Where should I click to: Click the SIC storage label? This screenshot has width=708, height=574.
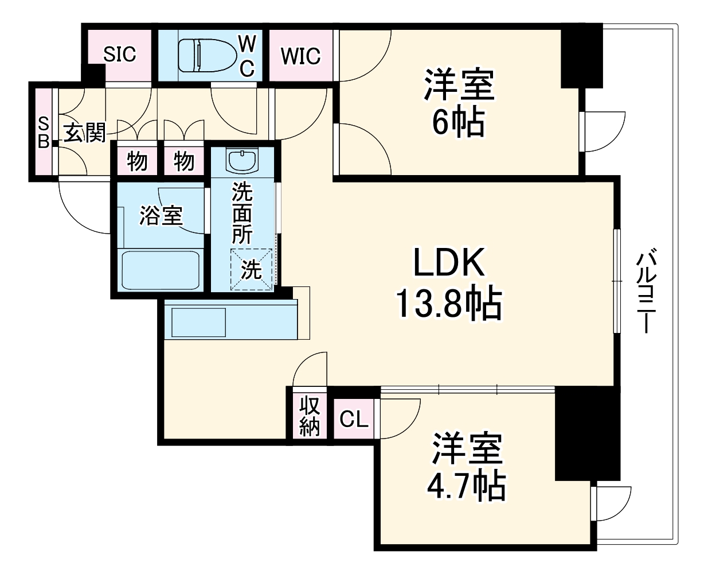[x=120, y=55]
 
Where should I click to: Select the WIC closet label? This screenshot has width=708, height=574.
[x=300, y=56]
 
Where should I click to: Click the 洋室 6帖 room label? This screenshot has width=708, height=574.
[x=459, y=103]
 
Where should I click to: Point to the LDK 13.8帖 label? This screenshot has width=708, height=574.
[x=449, y=284]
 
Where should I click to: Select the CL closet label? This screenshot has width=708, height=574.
[x=354, y=419]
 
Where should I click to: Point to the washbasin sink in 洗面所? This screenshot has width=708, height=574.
[x=243, y=160]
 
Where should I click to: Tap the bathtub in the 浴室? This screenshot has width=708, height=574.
[x=162, y=270]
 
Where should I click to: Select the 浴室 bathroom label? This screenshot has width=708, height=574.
[x=161, y=215]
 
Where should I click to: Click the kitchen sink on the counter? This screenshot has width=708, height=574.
[x=198, y=323]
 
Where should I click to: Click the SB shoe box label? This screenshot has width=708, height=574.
[x=44, y=133]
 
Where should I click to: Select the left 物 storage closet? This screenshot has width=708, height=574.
[x=137, y=161]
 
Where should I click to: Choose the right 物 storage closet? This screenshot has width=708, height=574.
[x=183, y=161]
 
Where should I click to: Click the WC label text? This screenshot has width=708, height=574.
[x=247, y=56]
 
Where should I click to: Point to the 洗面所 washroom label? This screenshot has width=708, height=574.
[x=242, y=214]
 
